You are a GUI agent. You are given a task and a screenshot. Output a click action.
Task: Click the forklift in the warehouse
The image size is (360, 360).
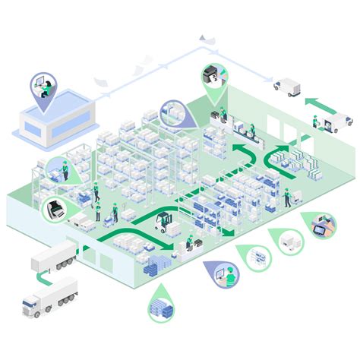click(163, 221)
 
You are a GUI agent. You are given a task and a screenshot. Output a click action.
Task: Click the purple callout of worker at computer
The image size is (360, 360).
click(221, 276)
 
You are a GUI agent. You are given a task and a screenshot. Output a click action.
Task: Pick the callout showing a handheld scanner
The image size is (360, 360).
click(323, 226)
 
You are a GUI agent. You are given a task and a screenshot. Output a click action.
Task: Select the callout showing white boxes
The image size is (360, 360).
click(289, 242)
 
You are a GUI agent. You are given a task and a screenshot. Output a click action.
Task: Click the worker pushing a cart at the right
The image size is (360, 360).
click(287, 199)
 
